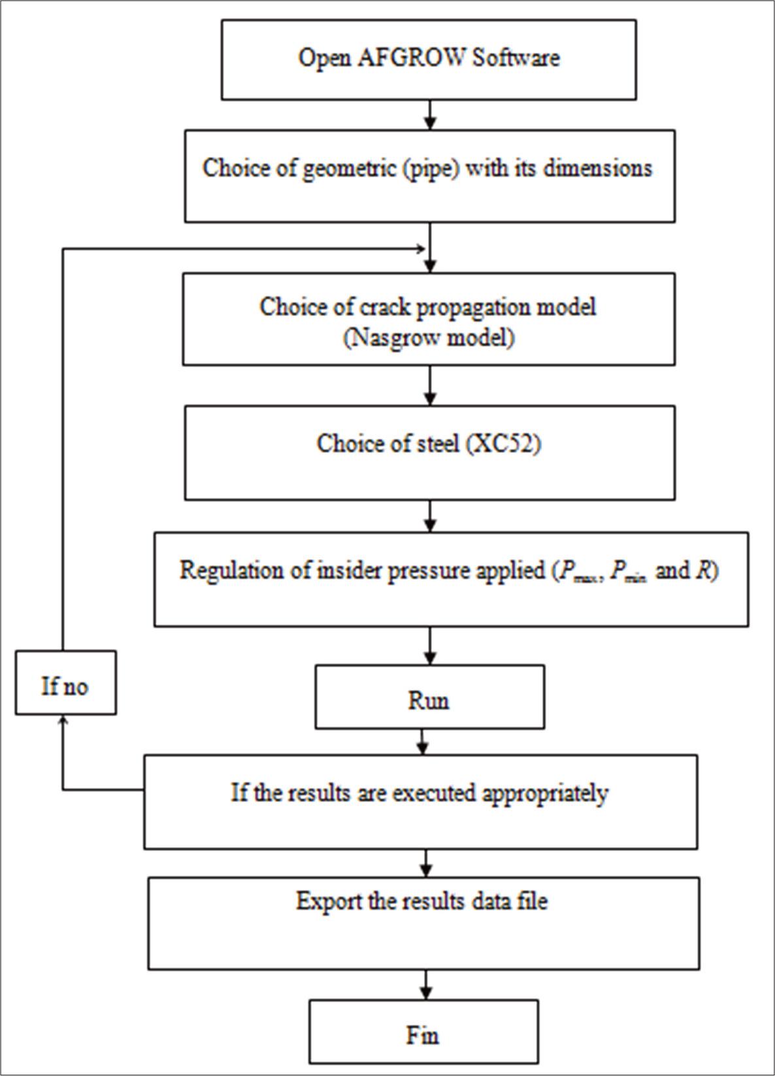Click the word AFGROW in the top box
pyautogui.click(x=412, y=58)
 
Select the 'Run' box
pyautogui.click(x=429, y=697)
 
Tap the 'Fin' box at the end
pyautogui.click(x=423, y=1032)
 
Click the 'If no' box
pyautogui.click(x=65, y=683)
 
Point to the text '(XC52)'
pyautogui.click(x=503, y=443)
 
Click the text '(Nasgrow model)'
pyautogui.click(x=429, y=338)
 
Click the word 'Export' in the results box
pyautogui.click(x=327, y=901)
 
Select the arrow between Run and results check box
pyautogui.click(x=423, y=742)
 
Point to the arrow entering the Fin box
pyautogui.click(x=426, y=984)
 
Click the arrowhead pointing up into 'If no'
pyautogui.click(x=63, y=720)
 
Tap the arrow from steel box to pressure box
pyautogui.click(x=429, y=516)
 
